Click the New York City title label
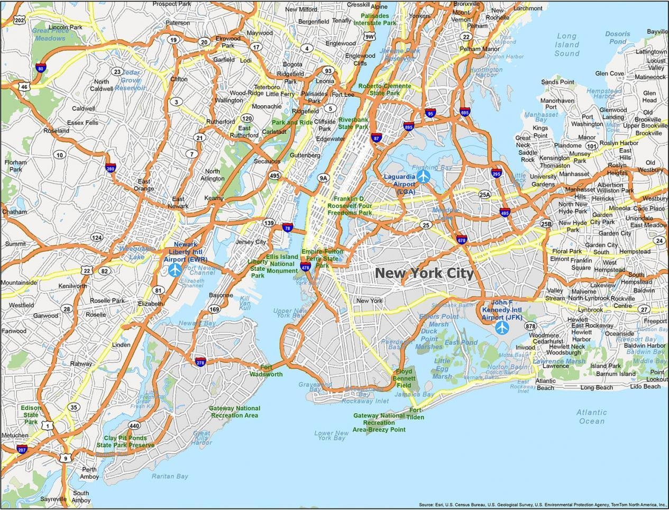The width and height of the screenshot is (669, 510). tap(425, 273)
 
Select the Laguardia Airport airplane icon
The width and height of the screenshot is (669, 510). tap(423, 177)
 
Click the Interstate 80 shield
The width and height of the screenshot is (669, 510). tap(41, 68)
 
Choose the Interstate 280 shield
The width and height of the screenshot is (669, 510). tap(111, 169)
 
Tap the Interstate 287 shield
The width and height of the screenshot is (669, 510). tap(22, 450)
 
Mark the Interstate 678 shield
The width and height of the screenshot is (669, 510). tap(462, 239)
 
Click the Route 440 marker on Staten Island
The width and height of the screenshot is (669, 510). tap(134, 425)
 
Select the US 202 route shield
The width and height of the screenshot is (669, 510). tap(20, 21)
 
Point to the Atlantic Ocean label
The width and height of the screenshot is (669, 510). tap(591, 417)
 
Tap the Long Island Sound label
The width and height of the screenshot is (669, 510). tap(567, 45)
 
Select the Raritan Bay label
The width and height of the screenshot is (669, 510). tap(170, 476)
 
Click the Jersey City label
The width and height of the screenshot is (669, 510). tap(251, 242)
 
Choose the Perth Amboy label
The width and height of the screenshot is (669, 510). tap(89, 473)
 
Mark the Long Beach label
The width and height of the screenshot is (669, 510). tap(596, 388)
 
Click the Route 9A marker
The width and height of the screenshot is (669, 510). tap(323, 178)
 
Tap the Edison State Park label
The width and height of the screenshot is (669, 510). tap(31, 415)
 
